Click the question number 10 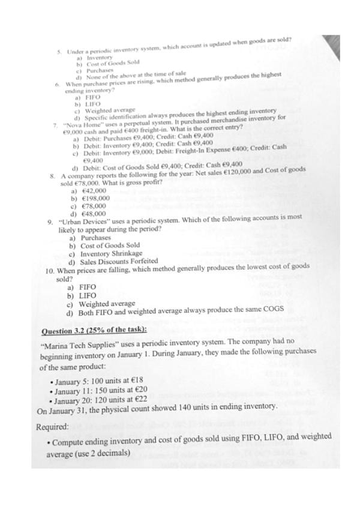tap(50, 271)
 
